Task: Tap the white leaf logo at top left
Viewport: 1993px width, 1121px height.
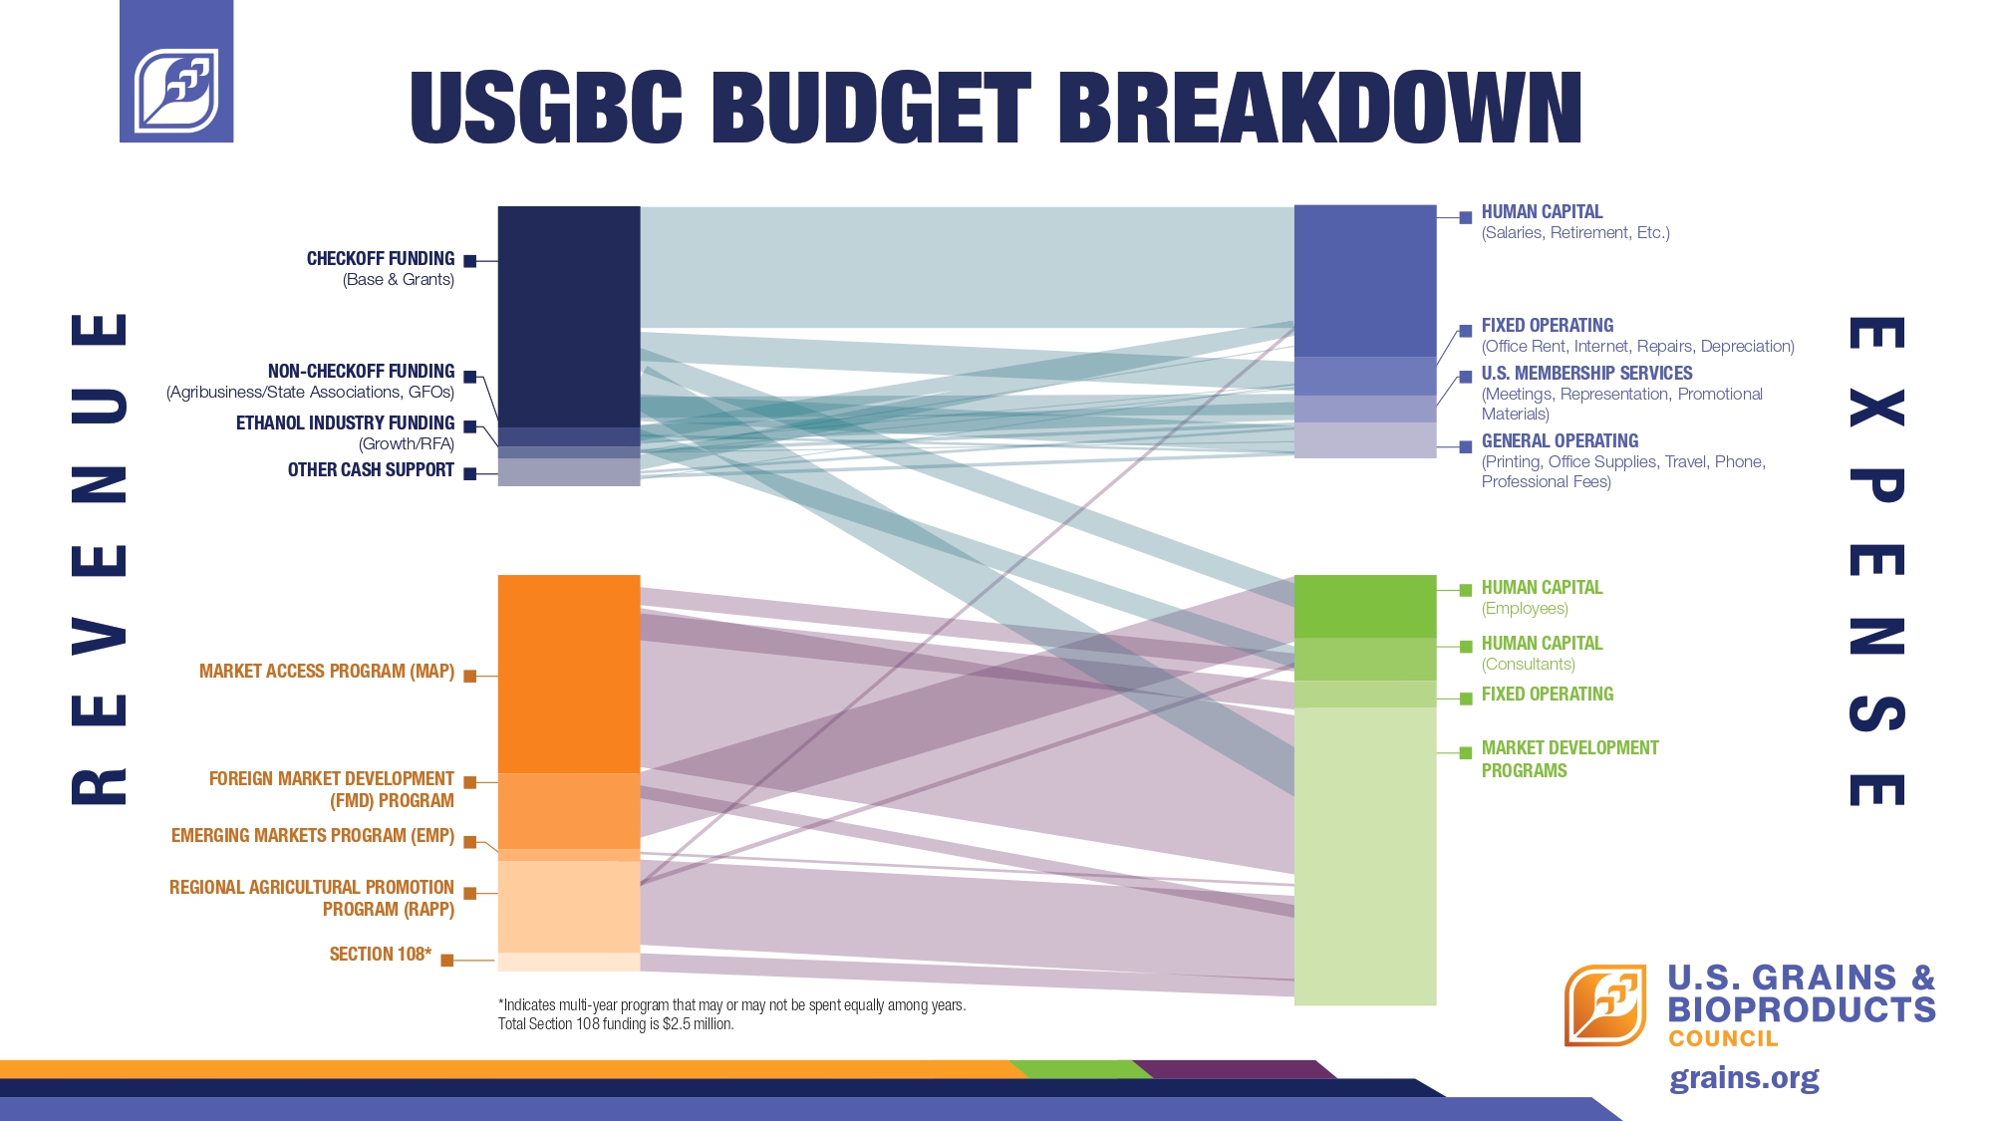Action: point(176,90)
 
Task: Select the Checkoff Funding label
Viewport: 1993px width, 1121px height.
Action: point(380,259)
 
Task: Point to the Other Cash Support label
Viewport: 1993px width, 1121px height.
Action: point(371,470)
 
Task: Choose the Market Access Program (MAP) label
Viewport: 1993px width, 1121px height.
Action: point(326,672)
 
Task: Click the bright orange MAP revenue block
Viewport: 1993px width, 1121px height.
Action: point(568,674)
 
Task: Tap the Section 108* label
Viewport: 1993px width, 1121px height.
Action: point(380,955)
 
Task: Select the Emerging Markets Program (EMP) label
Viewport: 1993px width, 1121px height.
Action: point(312,836)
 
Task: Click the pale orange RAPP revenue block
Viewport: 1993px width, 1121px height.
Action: point(568,906)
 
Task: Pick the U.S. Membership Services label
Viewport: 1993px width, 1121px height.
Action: point(1586,374)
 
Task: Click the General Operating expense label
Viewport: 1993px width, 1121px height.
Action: point(1560,441)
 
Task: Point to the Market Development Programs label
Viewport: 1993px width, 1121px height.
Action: point(1568,759)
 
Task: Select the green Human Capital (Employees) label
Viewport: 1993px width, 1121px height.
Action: point(1542,588)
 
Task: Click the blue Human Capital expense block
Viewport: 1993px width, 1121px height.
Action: point(1364,280)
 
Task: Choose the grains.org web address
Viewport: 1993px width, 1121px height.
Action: point(1744,1078)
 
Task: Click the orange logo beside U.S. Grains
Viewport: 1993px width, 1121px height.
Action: point(1604,1004)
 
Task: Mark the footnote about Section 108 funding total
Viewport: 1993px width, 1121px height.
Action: point(615,1024)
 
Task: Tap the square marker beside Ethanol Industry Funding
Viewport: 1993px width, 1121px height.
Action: point(470,427)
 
